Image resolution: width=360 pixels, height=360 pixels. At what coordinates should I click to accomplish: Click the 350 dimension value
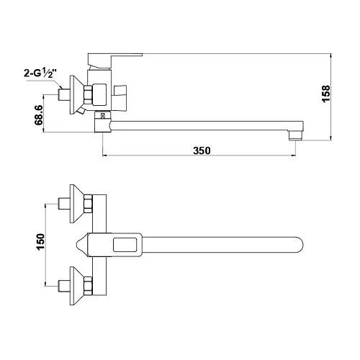coord(202,150)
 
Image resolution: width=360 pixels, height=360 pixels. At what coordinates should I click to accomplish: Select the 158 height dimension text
coord(326,94)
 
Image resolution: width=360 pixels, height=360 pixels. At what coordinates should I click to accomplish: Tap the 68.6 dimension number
coord(39,115)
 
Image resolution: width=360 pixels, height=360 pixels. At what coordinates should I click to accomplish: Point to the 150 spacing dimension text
coord(40,242)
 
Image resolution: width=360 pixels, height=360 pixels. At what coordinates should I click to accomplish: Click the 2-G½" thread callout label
coord(40,73)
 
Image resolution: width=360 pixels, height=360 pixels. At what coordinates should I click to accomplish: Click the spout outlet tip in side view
coord(296,135)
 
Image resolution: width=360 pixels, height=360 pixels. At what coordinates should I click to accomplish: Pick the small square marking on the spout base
coord(103,116)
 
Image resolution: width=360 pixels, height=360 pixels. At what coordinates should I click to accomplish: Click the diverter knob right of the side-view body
coord(120,98)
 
